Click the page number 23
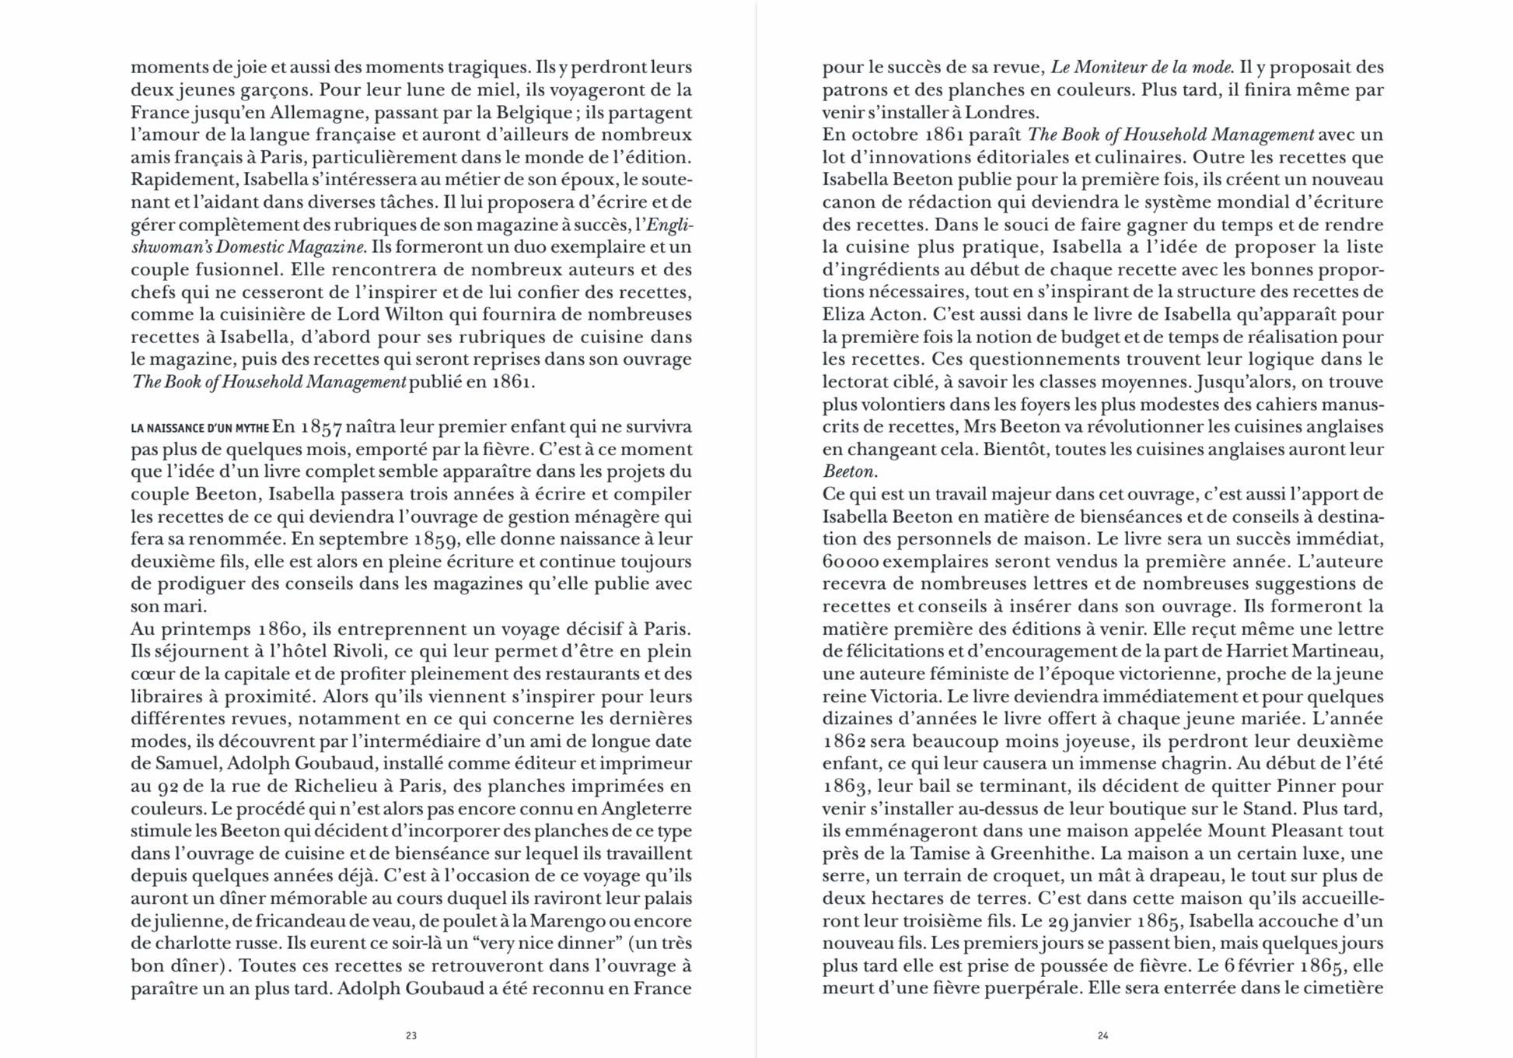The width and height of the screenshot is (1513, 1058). tap(411, 1035)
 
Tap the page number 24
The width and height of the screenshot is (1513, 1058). tap(1102, 1035)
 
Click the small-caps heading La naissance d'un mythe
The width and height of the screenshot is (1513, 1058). tap(200, 428)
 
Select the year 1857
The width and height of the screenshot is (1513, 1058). tap(320, 427)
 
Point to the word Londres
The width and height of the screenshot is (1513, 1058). tap(999, 112)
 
